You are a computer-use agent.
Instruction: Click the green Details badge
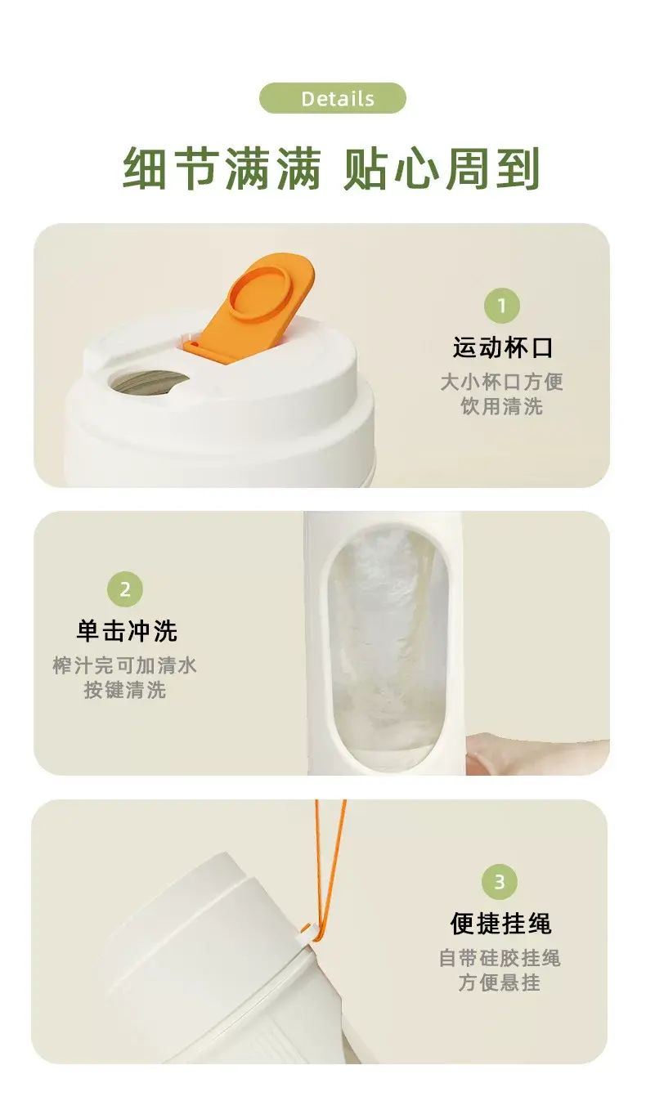(333, 98)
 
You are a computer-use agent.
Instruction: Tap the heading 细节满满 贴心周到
(330, 169)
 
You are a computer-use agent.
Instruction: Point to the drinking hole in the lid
(150, 383)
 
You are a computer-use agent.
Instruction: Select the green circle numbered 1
(502, 305)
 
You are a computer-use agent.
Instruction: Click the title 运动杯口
(502, 347)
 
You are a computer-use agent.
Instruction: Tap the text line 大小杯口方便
(502, 382)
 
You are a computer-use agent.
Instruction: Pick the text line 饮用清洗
(502, 406)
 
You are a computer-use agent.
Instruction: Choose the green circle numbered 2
(125, 589)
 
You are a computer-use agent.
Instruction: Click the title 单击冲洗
(127, 631)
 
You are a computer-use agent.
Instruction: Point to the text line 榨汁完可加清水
(125, 665)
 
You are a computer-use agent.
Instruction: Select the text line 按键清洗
(125, 690)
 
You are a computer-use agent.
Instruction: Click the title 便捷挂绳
(500, 923)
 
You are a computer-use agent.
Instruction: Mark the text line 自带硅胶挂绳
(500, 958)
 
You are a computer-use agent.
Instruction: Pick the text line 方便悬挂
(500, 982)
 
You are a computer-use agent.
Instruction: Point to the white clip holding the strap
(307, 933)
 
